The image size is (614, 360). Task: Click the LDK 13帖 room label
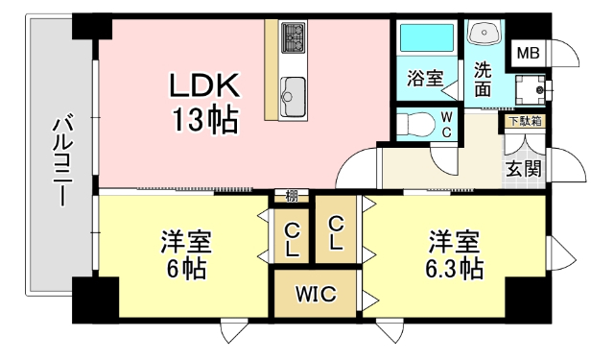203,103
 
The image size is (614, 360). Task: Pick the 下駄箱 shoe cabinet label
524,121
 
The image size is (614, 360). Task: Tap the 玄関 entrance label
524,168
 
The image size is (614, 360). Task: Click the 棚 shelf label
292,197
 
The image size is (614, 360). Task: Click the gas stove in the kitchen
292,39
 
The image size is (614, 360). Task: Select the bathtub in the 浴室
427,38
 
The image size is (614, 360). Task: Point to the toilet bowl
414,124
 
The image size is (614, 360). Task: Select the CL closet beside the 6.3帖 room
336,232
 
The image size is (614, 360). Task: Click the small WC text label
446,124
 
